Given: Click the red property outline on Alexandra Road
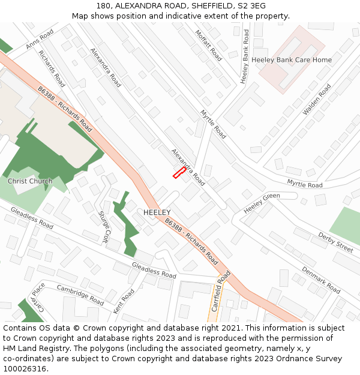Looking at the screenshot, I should tap(179, 173).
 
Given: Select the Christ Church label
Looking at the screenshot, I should tap(30, 181).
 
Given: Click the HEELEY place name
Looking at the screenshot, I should tap(157, 212).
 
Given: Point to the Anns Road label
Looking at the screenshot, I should tap(40, 39).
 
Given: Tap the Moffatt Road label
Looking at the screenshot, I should tap(208, 45).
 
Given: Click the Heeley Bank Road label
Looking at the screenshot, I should tap(245, 56).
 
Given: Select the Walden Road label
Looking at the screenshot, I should tap(317, 99).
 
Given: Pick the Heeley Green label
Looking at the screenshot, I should tap(262, 203).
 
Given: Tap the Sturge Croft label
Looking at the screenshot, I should tap(103, 226).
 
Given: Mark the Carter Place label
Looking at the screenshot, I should tap(38, 296).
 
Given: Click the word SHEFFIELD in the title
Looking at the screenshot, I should tap(201, 5).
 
